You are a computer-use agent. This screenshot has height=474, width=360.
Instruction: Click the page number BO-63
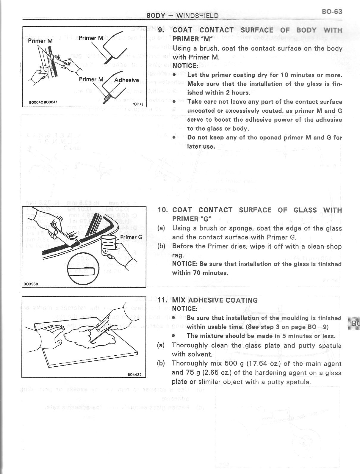pyautogui.click(x=332, y=12)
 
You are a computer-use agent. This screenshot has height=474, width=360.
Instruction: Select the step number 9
pyautogui.click(x=161, y=30)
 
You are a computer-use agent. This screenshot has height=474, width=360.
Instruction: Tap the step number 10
pyautogui.click(x=162, y=210)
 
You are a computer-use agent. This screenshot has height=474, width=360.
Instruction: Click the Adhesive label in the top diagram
pyautogui.click(x=126, y=80)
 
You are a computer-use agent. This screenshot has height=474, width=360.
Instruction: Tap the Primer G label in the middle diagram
pyautogui.click(x=131, y=237)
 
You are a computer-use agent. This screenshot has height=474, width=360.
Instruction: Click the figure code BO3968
pyautogui.click(x=31, y=284)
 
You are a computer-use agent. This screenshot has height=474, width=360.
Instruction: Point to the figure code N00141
pyautogui.click(x=137, y=104)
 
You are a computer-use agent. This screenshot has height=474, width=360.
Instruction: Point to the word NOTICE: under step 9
pyautogui.click(x=185, y=66)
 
